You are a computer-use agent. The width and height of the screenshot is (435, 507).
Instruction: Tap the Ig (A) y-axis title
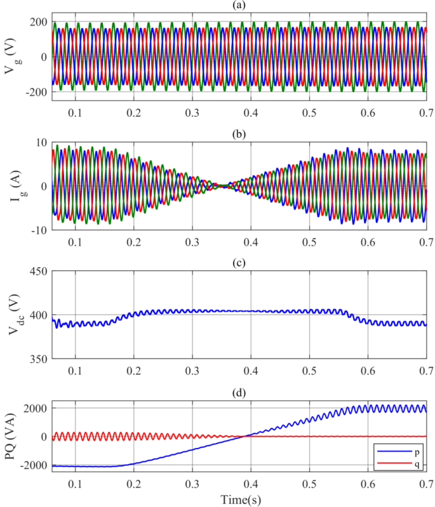[11, 186]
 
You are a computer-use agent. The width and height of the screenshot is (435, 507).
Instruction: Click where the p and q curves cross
[246, 436]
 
